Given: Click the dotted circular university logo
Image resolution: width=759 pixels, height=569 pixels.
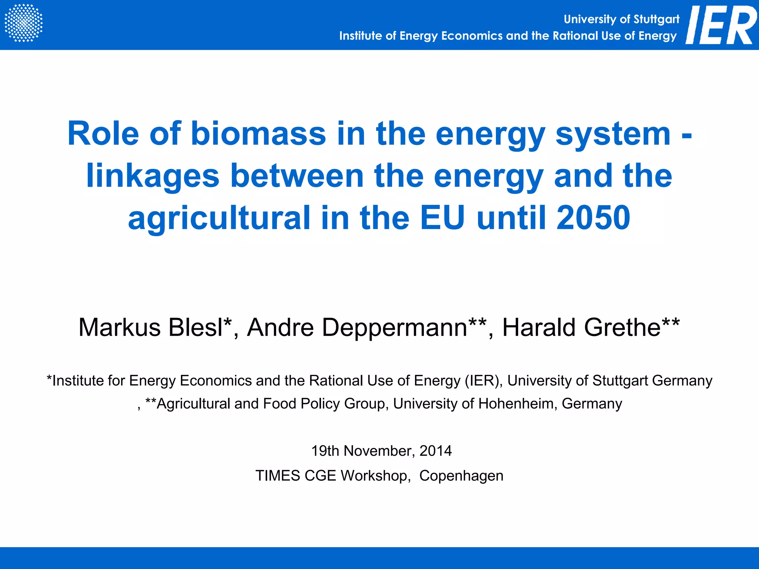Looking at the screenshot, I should point(23,23).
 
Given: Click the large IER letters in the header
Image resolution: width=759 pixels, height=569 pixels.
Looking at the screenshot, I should point(721,25).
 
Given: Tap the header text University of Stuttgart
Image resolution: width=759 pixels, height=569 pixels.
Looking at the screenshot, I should point(622,19).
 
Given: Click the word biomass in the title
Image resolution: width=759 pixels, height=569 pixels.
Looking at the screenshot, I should point(258,134).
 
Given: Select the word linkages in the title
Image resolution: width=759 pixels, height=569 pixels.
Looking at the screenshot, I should point(153,176).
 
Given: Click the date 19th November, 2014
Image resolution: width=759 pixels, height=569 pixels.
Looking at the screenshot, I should point(381,451).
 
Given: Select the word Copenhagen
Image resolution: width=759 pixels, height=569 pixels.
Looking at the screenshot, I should point(461,476).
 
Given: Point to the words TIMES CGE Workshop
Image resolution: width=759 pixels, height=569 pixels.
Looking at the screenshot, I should point(333,476).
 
